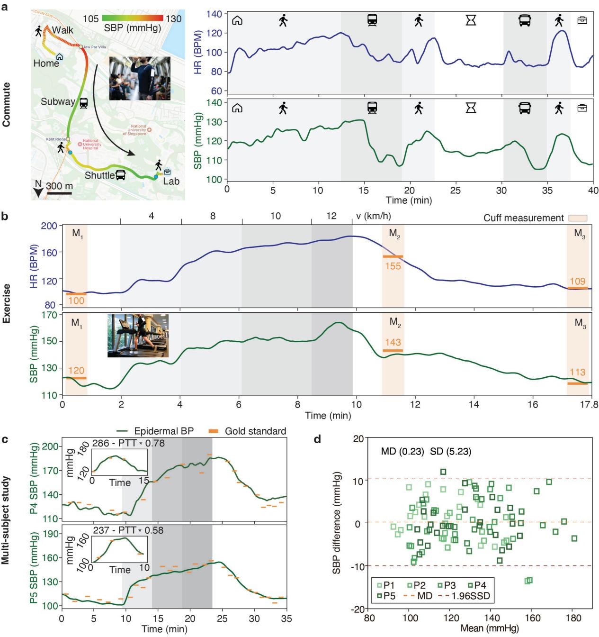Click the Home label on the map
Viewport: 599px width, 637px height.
point(46,63)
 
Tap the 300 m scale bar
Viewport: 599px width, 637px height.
point(60,193)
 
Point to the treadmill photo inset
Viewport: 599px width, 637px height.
point(138,335)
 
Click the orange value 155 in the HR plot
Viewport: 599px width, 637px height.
point(393,266)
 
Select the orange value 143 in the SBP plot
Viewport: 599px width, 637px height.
point(393,342)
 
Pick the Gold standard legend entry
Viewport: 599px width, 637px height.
point(247,431)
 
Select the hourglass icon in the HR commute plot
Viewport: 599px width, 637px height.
point(471,20)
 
